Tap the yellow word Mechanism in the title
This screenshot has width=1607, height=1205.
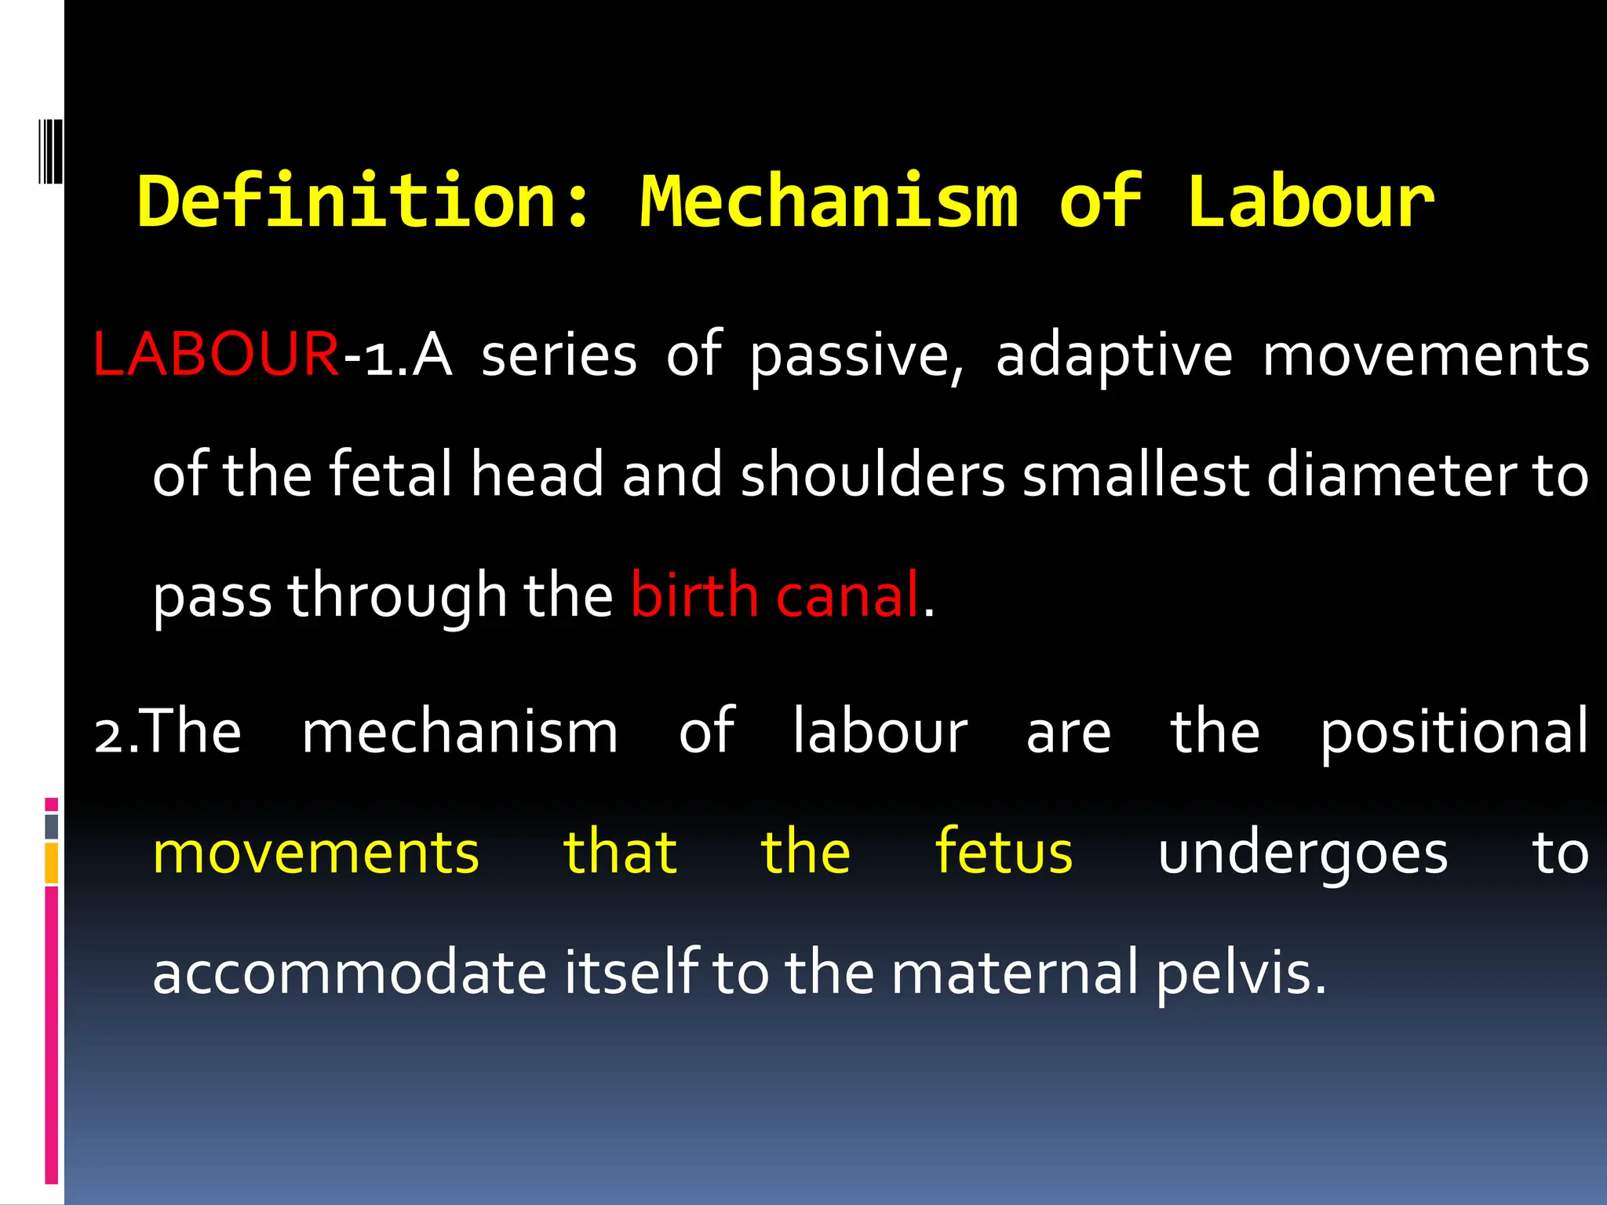(x=829, y=202)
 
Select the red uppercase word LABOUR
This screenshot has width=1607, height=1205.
(x=216, y=355)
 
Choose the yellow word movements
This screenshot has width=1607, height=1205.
(x=315, y=854)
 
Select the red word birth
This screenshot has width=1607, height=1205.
(x=694, y=595)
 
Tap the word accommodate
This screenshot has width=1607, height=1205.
(x=349, y=973)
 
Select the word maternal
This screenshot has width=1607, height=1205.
(x=1015, y=973)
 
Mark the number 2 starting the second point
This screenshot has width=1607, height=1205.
(x=107, y=737)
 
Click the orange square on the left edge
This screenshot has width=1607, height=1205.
(x=52, y=863)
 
